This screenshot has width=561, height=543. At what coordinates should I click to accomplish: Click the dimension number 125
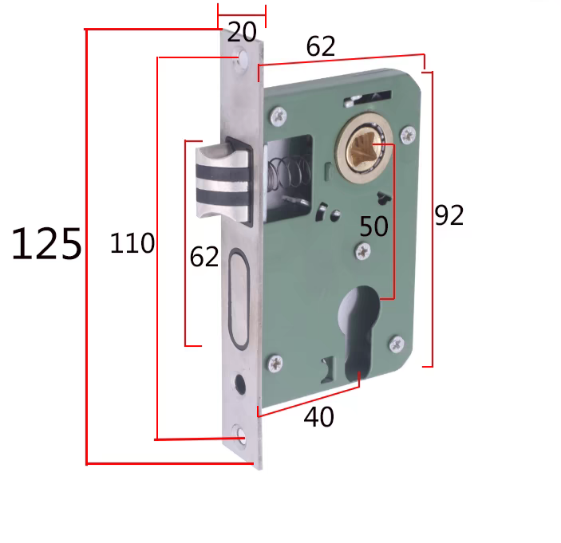[x=46, y=244]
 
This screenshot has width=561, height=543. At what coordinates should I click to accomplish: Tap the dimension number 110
[x=132, y=243]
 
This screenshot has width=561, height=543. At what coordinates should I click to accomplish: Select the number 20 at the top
[x=242, y=32]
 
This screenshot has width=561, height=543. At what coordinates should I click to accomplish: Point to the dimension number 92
[x=449, y=215]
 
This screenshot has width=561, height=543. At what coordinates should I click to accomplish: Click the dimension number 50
[x=374, y=226]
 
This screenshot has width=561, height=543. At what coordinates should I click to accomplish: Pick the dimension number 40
[x=318, y=417]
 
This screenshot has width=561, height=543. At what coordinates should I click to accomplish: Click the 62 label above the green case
[x=321, y=45]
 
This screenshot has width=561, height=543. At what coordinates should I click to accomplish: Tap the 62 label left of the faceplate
[x=204, y=257]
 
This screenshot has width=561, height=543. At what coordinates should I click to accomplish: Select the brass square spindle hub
[x=365, y=148]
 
